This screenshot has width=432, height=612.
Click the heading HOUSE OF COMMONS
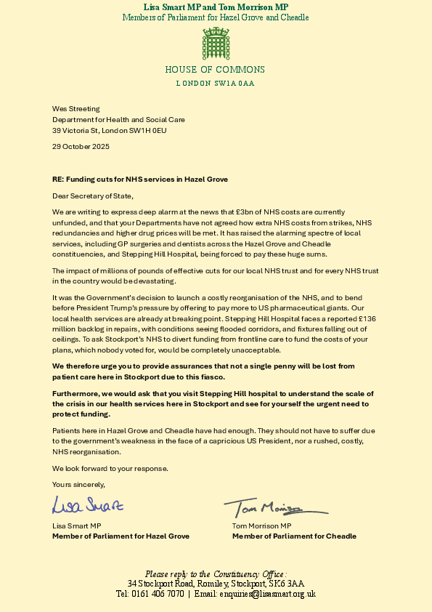[215, 71]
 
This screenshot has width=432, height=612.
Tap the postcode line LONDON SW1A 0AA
[215, 84]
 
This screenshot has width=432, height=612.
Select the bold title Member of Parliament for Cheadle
[294, 536]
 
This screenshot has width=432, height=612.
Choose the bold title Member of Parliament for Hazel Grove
[121, 536]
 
